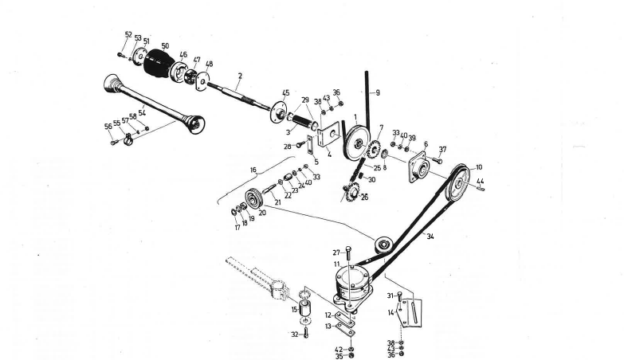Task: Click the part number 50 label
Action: click(165, 46)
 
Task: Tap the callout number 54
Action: click(143, 113)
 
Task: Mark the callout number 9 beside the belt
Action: click(378, 93)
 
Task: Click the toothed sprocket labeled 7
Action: click(374, 147)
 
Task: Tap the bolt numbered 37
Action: click(436, 160)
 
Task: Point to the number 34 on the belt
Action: click(430, 237)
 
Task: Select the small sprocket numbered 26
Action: click(348, 191)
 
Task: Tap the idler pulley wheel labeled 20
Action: click(256, 197)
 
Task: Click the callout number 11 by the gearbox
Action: click(336, 264)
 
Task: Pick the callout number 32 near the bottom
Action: click(295, 335)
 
